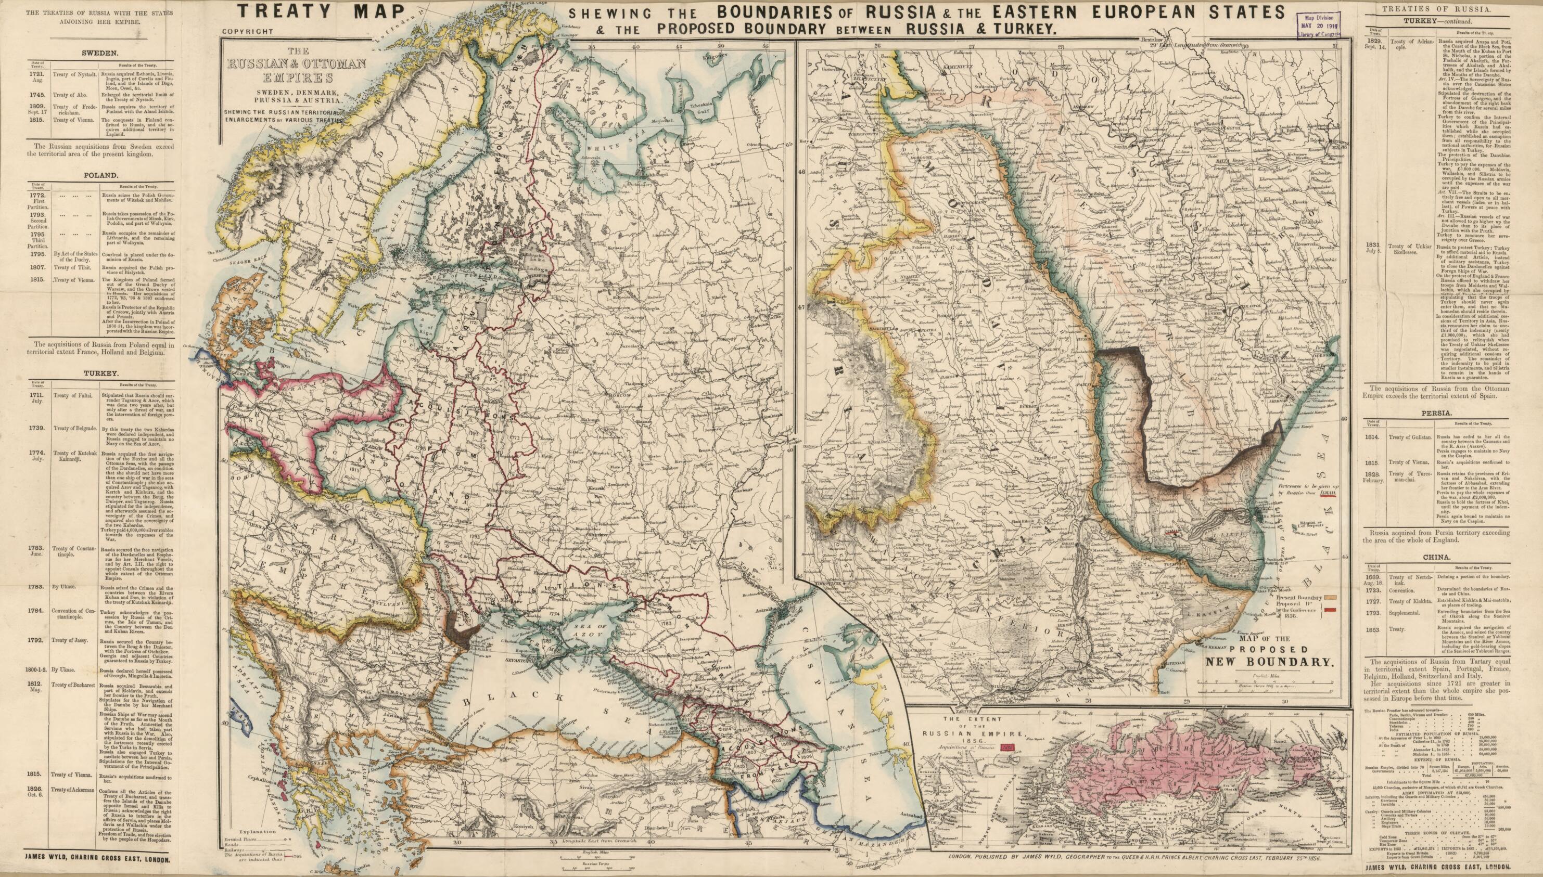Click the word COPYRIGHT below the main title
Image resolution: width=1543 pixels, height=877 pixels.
(248, 31)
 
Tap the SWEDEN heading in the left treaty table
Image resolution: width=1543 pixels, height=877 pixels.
(100, 53)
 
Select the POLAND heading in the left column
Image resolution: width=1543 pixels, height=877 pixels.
(100, 176)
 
